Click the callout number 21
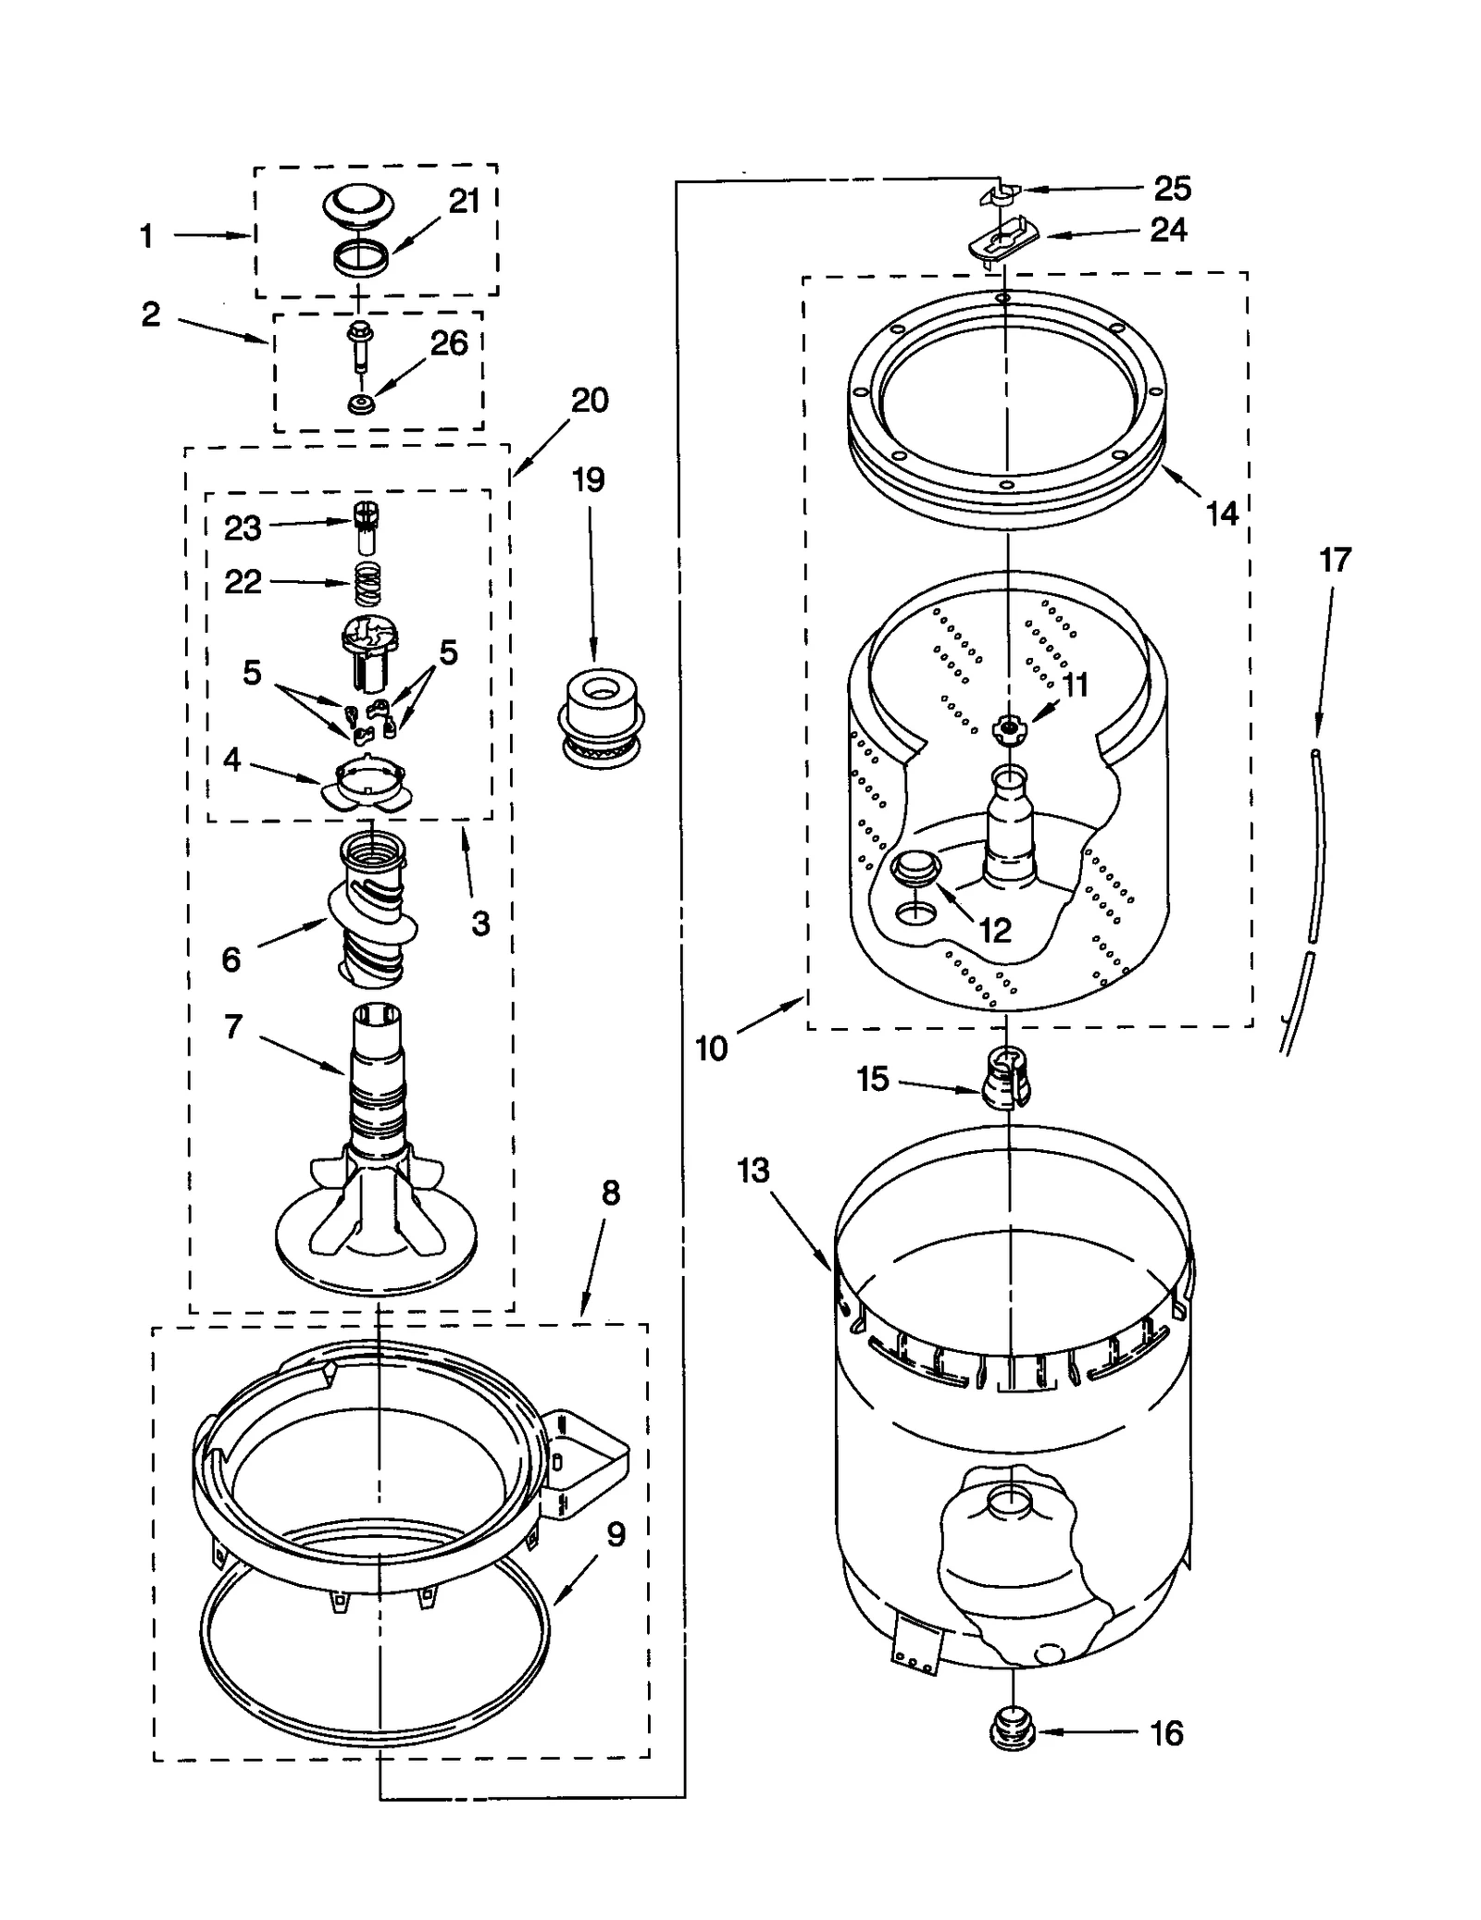tap(464, 202)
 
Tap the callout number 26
tap(449, 343)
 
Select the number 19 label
tap(588, 479)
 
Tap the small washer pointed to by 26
tap(360, 404)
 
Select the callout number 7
tap(233, 1026)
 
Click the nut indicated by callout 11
tap(1007, 730)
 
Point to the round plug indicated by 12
tap(915, 870)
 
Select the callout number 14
tap(1222, 514)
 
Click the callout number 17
tap(1335, 560)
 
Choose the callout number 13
tap(753, 1171)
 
